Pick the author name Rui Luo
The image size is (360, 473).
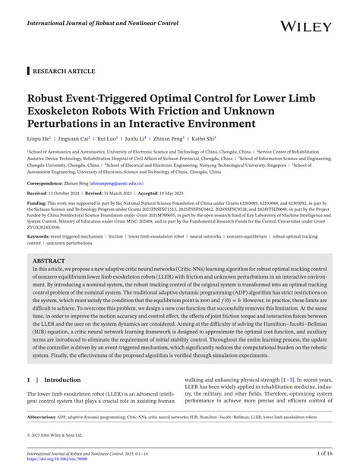click(x=108, y=140)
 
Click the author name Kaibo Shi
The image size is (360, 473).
click(x=204, y=140)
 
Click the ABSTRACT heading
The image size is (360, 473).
click(x=50, y=258)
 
